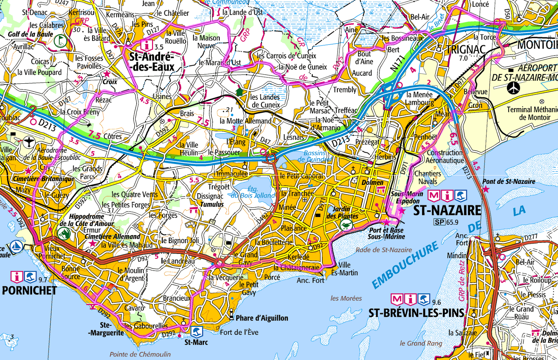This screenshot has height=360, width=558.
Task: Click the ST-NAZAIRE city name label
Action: click(x=447, y=210)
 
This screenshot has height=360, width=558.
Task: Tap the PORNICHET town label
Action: click(x=29, y=291)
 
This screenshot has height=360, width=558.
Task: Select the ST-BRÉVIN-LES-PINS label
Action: click(x=416, y=313)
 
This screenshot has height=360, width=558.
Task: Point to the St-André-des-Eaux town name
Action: click(x=151, y=62)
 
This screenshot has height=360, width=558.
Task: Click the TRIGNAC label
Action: click(x=466, y=50)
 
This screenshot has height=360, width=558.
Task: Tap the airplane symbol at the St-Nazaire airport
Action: click(x=514, y=88)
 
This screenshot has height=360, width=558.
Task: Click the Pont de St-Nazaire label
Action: click(x=508, y=181)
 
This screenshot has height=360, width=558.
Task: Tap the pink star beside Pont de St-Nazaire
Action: click(x=485, y=189)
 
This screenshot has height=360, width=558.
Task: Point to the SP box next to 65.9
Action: click(x=439, y=222)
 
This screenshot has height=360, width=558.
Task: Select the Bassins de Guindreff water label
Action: click(x=315, y=156)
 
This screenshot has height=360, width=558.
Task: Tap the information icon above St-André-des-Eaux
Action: click(x=146, y=45)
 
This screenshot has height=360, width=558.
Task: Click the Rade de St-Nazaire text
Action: click(x=384, y=250)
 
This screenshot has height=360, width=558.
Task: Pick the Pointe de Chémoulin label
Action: click(x=140, y=354)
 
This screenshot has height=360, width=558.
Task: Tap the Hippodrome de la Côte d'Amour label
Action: click(x=86, y=220)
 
